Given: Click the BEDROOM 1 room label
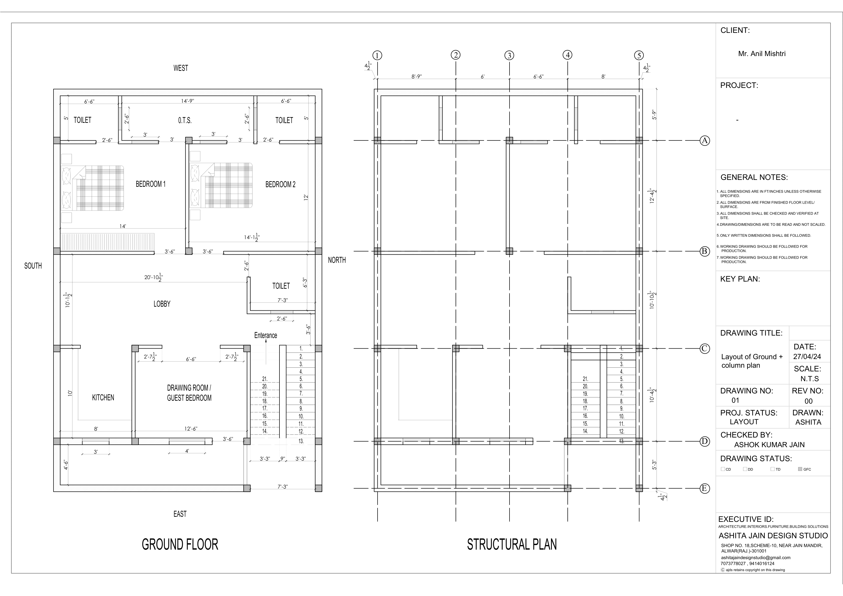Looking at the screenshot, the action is click(151, 184).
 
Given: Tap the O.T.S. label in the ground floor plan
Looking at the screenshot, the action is click(185, 121).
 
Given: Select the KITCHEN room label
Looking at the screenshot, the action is click(103, 397).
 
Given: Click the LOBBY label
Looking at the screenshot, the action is click(162, 304).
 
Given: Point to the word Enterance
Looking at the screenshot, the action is click(265, 335).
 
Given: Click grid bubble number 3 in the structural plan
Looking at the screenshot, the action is click(509, 56).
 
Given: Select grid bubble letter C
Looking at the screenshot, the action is click(704, 349).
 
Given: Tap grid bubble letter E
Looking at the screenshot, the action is click(704, 488).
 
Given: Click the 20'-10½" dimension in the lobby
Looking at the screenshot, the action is click(153, 278).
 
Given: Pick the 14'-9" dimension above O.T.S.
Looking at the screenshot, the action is click(188, 101).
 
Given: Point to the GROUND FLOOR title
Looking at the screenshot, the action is click(180, 544).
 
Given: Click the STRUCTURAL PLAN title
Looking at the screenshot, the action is click(512, 544).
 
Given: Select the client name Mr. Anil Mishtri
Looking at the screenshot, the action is click(762, 54).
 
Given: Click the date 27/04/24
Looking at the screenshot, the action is click(807, 356).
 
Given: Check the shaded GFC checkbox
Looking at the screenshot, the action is click(800, 469).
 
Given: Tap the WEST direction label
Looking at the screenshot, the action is click(181, 68).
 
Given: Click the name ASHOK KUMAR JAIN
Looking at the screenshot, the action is click(769, 445).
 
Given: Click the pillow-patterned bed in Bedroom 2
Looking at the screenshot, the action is click(221, 186).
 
